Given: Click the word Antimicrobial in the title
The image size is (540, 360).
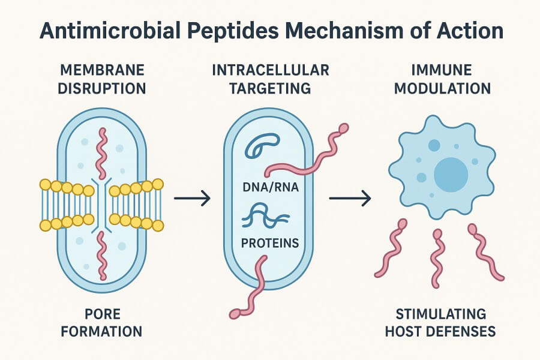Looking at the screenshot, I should (106, 31).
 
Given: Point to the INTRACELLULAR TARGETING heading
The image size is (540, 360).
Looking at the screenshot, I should (270, 79).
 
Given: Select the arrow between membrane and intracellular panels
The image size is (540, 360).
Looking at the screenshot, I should (192, 198).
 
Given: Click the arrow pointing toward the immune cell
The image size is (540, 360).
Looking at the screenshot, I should (349, 198).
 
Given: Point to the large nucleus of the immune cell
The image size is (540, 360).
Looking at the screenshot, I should (451, 175).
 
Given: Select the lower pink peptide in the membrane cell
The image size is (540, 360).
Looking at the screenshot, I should (102, 255).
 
